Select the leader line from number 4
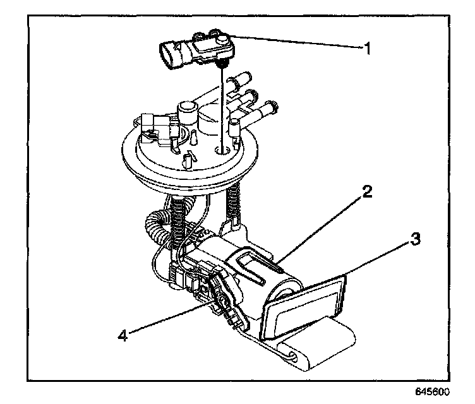pos(171,319)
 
